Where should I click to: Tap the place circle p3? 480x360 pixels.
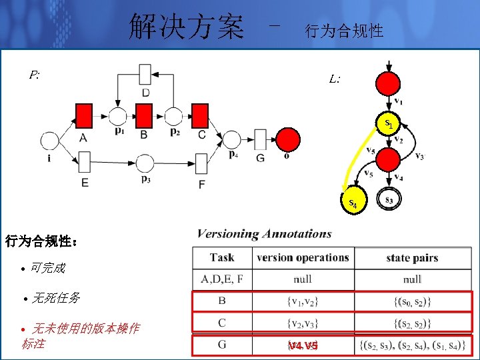click(x=145, y=163)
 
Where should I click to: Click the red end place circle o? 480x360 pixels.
click(x=288, y=139)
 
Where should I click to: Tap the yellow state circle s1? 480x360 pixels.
click(x=388, y=123)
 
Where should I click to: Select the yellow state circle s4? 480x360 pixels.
click(x=353, y=201)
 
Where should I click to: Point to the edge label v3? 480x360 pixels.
click(x=419, y=157)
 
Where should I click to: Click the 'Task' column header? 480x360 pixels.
click(x=222, y=257)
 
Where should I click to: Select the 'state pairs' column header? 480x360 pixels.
click(x=412, y=257)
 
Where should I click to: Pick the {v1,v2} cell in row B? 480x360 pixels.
click(x=303, y=302)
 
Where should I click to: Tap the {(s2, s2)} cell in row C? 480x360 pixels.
click(x=412, y=324)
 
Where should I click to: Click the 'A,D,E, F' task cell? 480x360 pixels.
click(x=222, y=279)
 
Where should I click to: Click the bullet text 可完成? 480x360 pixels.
click(x=48, y=268)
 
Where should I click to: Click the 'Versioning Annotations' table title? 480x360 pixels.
click(x=264, y=234)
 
